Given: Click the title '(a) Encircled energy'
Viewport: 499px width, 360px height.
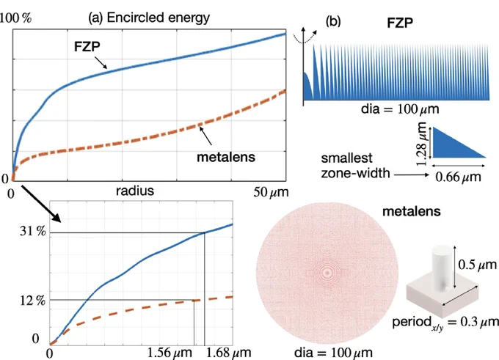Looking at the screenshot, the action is (x=149, y=18).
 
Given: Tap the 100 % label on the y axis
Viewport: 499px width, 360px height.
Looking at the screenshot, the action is (x=15, y=18).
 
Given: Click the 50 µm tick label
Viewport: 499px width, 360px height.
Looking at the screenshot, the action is (x=271, y=192).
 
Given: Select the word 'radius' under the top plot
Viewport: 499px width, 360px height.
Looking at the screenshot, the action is (x=135, y=191).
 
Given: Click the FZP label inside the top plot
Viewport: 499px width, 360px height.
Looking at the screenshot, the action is (x=87, y=47).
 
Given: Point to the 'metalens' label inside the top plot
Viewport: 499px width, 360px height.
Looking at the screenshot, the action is (x=226, y=157).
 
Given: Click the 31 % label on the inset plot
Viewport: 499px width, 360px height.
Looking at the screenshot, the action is (x=33, y=231).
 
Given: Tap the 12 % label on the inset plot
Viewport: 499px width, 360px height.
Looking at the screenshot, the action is (x=33, y=300).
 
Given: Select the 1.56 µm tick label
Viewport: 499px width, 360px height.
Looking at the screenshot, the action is (x=170, y=353).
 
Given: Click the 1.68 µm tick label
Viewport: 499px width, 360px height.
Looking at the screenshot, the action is (x=228, y=353).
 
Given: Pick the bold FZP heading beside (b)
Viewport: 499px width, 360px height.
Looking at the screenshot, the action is (x=400, y=23).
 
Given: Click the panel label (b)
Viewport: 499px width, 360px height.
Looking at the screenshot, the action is (x=333, y=21).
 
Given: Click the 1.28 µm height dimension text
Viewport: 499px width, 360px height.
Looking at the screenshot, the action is (x=422, y=144).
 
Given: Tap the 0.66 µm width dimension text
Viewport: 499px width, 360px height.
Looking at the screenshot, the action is (x=458, y=177).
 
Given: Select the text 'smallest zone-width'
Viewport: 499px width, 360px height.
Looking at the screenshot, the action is (x=355, y=166).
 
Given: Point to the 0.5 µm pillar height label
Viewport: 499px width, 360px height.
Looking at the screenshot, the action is (x=477, y=265).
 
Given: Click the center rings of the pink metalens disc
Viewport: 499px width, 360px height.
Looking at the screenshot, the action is (x=327, y=273).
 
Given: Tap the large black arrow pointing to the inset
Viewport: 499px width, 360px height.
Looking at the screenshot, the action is (x=41, y=204).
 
